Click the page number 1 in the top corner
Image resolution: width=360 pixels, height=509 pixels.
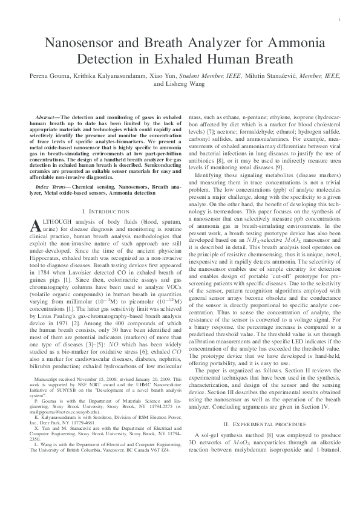click(x=341, y=20)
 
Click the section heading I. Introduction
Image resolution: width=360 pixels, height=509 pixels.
click(x=105, y=212)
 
